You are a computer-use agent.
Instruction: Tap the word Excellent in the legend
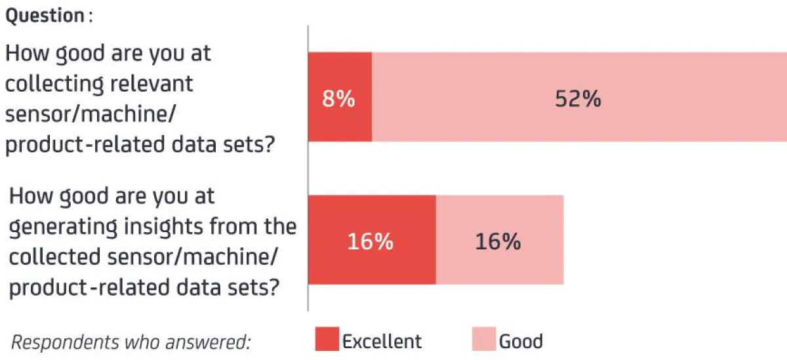[x=382, y=341]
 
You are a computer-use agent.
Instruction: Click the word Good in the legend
[x=521, y=341]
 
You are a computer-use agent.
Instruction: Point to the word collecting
[x=54, y=84]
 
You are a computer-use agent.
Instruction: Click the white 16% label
[x=370, y=241]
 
